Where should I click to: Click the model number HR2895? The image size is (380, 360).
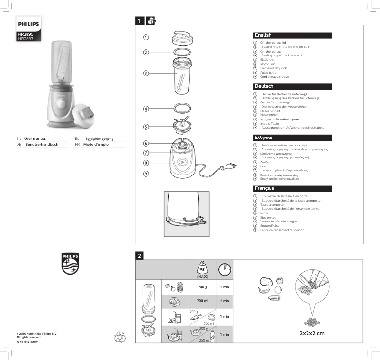(x=25, y=35)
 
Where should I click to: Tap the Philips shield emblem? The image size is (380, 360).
(x=70, y=263)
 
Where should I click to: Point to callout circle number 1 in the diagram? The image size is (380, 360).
(x=146, y=37)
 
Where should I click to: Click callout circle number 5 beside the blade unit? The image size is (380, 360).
(x=146, y=127)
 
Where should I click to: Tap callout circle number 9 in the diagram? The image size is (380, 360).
(x=146, y=174)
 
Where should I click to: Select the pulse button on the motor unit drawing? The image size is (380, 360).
(x=182, y=162)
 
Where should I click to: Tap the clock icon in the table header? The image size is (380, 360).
(x=225, y=269)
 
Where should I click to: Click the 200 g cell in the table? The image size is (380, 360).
(x=202, y=287)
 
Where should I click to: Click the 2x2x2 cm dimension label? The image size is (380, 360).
(x=312, y=333)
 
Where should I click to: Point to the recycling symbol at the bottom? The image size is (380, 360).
(x=119, y=337)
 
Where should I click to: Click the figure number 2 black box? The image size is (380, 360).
(x=139, y=256)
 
